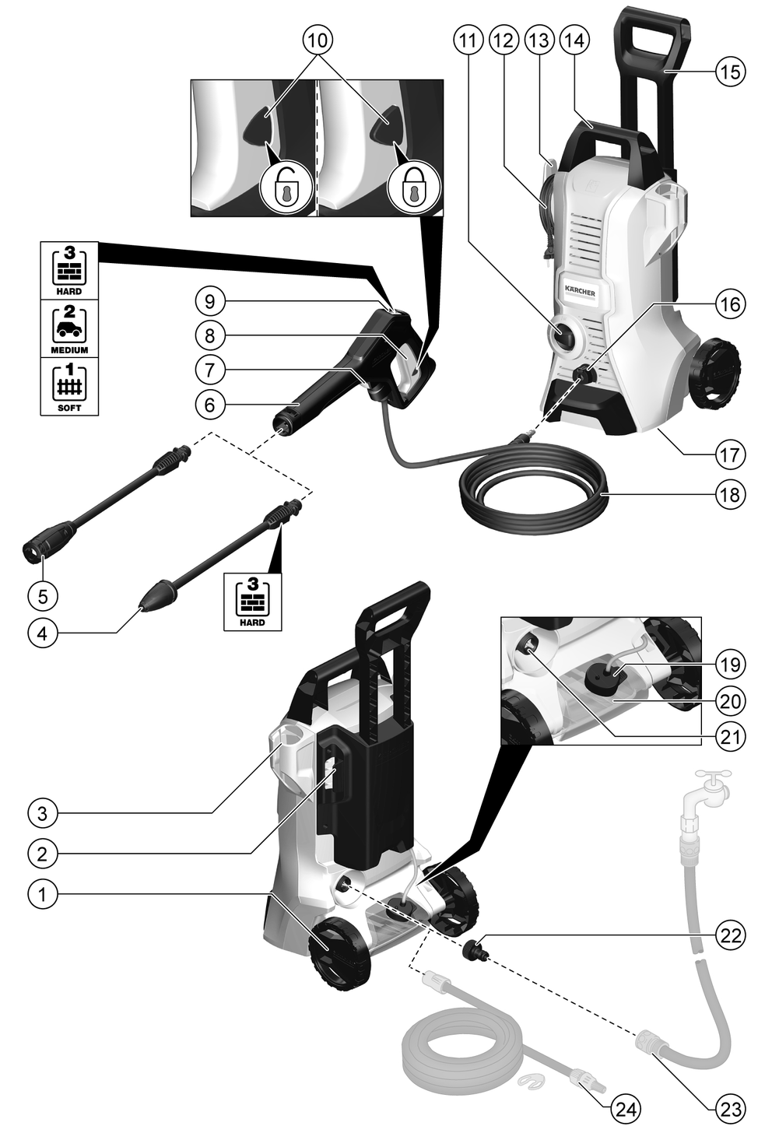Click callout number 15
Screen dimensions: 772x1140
coord(730,72)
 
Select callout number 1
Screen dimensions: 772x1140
coord(42,893)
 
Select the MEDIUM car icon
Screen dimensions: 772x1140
coord(69,324)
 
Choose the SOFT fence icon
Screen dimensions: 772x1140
coord(69,382)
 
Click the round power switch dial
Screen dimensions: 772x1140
coord(563,335)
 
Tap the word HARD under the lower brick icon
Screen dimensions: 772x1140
coord(252,623)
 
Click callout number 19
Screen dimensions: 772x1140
coord(730,664)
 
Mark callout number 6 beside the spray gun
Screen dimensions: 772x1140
coord(210,405)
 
